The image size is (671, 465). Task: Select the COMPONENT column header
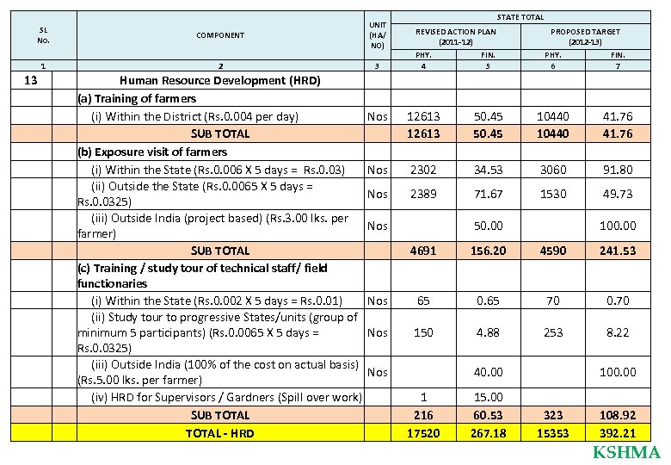click(x=219, y=35)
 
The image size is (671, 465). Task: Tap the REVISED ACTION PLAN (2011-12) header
click(x=455, y=36)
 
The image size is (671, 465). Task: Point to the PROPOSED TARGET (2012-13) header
click(x=584, y=36)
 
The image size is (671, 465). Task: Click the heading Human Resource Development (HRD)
click(x=219, y=81)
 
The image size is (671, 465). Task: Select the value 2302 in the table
click(x=422, y=170)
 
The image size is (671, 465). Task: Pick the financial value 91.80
click(x=618, y=170)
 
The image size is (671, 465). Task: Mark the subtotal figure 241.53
click(x=618, y=251)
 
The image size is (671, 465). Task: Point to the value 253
click(x=552, y=332)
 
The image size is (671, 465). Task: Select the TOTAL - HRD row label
click(x=219, y=433)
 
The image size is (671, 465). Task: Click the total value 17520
click(x=422, y=433)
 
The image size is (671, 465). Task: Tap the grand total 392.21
click(x=618, y=433)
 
